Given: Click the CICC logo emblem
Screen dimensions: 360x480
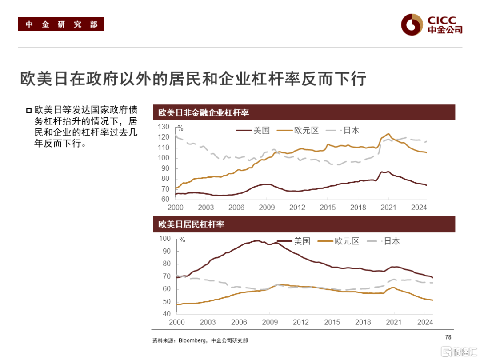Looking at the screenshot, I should pos(411,24).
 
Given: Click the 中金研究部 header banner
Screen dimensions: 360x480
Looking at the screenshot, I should pos(61,24).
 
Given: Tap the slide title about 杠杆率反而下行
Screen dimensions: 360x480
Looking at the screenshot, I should pos(193,79).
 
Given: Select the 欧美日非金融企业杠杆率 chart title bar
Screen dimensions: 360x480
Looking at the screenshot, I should pos(304,113).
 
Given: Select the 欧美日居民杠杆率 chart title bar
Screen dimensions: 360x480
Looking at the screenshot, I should pos(304,224).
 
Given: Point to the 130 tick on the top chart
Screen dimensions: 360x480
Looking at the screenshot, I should pos(164,127).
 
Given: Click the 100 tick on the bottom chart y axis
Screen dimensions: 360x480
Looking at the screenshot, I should pos(165,239).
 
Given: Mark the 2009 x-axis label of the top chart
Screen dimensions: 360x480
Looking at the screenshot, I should pos(267,208).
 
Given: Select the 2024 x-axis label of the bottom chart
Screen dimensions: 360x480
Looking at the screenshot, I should pos(425,322).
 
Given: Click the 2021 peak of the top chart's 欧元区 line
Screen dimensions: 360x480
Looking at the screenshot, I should pos(388,134).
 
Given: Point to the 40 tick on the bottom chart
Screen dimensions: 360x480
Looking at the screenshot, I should pos(167,314).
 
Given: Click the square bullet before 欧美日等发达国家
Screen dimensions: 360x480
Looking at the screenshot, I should pos(29,110).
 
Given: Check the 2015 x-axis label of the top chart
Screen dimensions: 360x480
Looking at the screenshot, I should pos(328,208).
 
